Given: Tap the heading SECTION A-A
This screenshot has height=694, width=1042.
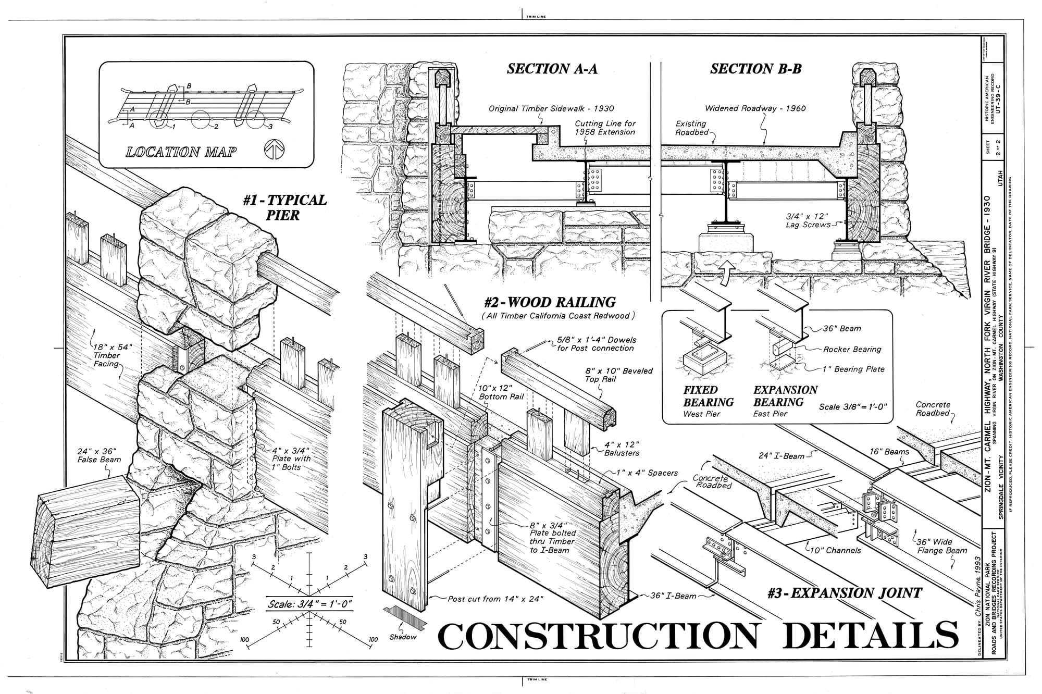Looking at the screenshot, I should (x=552, y=69).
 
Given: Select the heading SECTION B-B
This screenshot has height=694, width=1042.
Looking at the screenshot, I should (x=755, y=69).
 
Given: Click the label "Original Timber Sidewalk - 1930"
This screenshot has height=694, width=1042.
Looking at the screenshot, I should (x=551, y=108).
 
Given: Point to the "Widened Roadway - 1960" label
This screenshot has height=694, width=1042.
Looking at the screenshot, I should (x=755, y=108).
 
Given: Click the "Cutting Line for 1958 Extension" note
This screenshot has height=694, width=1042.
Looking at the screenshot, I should (x=605, y=128).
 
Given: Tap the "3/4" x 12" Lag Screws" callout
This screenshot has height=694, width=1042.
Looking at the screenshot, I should (x=808, y=220).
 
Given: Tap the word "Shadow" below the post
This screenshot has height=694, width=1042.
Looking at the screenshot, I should (x=403, y=637).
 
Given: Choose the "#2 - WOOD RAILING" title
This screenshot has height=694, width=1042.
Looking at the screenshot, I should (x=549, y=302).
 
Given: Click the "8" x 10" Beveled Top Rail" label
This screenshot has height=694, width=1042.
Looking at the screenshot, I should (x=618, y=375).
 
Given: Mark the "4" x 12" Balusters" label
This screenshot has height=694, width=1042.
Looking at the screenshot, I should (x=621, y=449).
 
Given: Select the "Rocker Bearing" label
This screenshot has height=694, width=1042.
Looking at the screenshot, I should (x=852, y=349).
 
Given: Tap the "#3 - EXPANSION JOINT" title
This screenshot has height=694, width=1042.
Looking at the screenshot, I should (x=844, y=593).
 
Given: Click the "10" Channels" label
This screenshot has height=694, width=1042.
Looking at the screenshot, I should (x=835, y=550).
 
